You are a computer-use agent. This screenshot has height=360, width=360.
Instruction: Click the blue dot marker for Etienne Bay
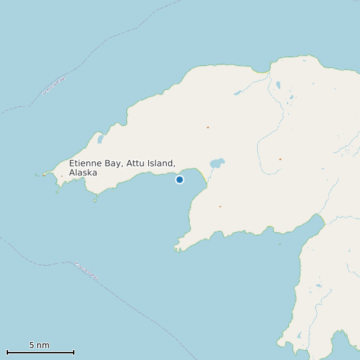[179, 179]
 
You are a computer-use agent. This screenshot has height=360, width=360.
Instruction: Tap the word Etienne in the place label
[86, 163]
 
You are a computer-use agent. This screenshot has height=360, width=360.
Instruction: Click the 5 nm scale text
[39, 345]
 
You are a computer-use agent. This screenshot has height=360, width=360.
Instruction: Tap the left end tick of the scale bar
[7, 352]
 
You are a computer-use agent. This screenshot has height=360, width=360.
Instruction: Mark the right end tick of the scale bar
[74, 352]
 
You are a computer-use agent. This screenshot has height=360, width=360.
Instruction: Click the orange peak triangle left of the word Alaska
[62, 176]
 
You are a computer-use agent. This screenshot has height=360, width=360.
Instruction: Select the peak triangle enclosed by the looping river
[280, 159]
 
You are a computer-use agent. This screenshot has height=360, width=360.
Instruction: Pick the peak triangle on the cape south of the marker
[220, 207]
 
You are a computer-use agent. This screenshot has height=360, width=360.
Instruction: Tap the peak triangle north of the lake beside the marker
[208, 127]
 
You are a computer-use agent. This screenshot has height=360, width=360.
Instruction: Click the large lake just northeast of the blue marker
[217, 163]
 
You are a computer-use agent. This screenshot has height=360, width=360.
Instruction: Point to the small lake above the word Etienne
[100, 139]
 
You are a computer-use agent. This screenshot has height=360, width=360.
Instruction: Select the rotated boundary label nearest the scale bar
[86, 270]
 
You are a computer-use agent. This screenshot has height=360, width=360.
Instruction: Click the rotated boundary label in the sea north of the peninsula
[54, 85]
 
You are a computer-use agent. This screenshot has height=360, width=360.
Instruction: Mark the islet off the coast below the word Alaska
[95, 199]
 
